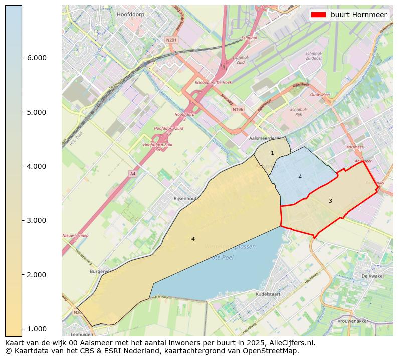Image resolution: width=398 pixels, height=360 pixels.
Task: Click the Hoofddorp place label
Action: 130,15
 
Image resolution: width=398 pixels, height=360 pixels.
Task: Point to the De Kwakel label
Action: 372,276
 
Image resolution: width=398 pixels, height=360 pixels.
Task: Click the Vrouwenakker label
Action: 367,321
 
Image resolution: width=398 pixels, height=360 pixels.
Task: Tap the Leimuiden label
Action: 82,334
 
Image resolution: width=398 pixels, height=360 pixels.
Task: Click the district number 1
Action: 272,153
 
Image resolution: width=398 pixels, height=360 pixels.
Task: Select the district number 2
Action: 300,176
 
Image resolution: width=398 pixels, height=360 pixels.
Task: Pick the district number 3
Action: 330,201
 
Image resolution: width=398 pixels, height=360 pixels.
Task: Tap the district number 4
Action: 193,239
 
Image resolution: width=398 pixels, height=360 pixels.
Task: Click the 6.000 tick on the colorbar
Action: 36,58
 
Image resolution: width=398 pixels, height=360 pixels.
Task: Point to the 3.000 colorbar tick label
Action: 36,220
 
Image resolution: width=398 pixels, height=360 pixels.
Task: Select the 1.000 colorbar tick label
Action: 36,329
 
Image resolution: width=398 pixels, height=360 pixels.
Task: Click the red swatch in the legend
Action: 319,15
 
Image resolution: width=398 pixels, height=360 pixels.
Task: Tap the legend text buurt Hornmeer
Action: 358,15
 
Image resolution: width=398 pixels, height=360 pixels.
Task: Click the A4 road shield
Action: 132,174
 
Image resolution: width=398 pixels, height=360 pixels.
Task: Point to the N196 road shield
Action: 238,109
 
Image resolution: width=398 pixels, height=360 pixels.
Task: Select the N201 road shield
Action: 171,39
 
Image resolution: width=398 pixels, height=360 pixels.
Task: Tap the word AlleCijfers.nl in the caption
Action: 291,343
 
